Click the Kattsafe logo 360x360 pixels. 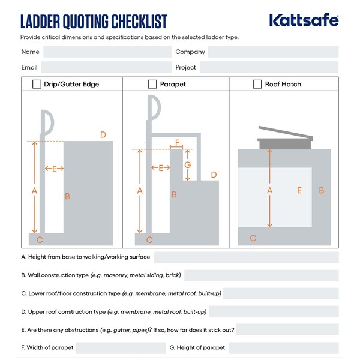point(304,20)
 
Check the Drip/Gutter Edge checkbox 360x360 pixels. point(37,84)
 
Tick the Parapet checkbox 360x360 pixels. point(153,84)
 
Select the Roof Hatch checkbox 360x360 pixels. point(257,84)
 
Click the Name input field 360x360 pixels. point(106,52)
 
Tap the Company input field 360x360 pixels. point(273,52)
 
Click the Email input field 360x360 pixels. point(106,67)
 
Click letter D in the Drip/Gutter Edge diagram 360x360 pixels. point(103,135)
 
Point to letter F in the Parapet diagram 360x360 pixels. point(177,143)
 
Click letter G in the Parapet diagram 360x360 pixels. point(188,164)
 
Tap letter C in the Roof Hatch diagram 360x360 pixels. point(253,238)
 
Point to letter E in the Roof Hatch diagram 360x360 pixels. point(299,190)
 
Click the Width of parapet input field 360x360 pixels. point(120,348)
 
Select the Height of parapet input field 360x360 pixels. point(283,348)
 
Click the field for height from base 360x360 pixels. point(246,257)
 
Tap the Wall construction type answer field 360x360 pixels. point(261,275)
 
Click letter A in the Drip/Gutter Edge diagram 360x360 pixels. point(34,190)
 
